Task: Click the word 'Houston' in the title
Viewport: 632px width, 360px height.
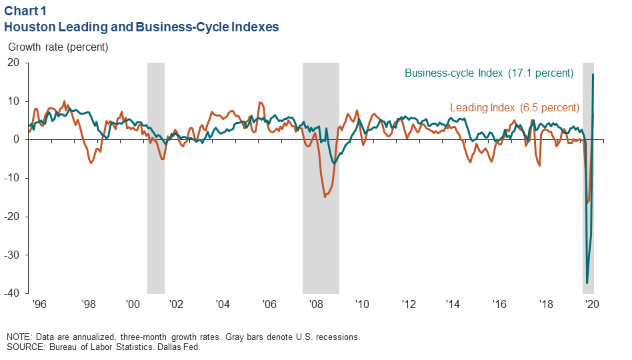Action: point(28,27)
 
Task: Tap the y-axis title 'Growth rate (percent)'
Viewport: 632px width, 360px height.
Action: point(58,47)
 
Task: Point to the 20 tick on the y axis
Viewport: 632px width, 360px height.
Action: point(15,63)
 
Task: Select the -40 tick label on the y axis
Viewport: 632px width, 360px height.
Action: point(13,293)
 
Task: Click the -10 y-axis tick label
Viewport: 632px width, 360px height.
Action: point(13,178)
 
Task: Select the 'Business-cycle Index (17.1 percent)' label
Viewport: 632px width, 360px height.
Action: point(489,73)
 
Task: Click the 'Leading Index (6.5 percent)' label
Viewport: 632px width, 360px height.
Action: point(514,107)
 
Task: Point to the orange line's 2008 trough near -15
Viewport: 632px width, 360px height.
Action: point(325,197)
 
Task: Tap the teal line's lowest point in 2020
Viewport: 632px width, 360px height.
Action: point(587,283)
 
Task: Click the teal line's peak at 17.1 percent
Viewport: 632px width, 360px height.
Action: point(593,74)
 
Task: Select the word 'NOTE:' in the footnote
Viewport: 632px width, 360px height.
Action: point(20,337)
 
